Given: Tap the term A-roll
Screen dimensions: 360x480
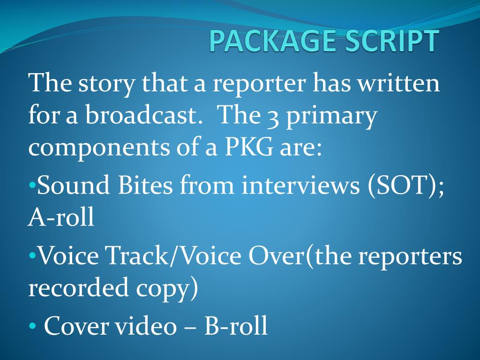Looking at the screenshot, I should pos(61,217).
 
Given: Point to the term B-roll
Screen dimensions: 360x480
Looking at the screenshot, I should pos(236,326).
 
